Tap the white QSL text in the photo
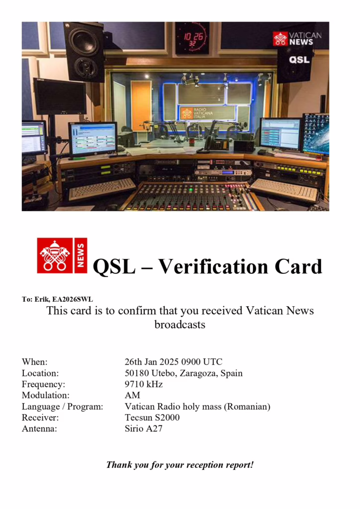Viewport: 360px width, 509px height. click(x=299, y=60)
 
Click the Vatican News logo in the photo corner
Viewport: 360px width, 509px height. click(x=297, y=39)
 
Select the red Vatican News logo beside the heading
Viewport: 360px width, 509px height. click(x=62, y=255)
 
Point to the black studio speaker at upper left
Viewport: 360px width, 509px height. click(x=84, y=51)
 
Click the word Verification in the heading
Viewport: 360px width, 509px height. click(x=214, y=266)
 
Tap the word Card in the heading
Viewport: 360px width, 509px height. click(x=299, y=266)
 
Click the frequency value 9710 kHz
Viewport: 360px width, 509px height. click(x=144, y=384)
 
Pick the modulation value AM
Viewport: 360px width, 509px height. click(x=132, y=395)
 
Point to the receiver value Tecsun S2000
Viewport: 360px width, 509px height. click(x=152, y=418)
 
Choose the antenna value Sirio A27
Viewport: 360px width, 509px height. click(x=144, y=428)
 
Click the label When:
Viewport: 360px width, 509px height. click(x=35, y=362)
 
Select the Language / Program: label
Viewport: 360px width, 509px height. click(x=62, y=407)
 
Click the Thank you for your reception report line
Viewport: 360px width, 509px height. click(x=180, y=465)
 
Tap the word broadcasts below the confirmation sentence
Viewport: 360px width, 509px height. click(x=180, y=325)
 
